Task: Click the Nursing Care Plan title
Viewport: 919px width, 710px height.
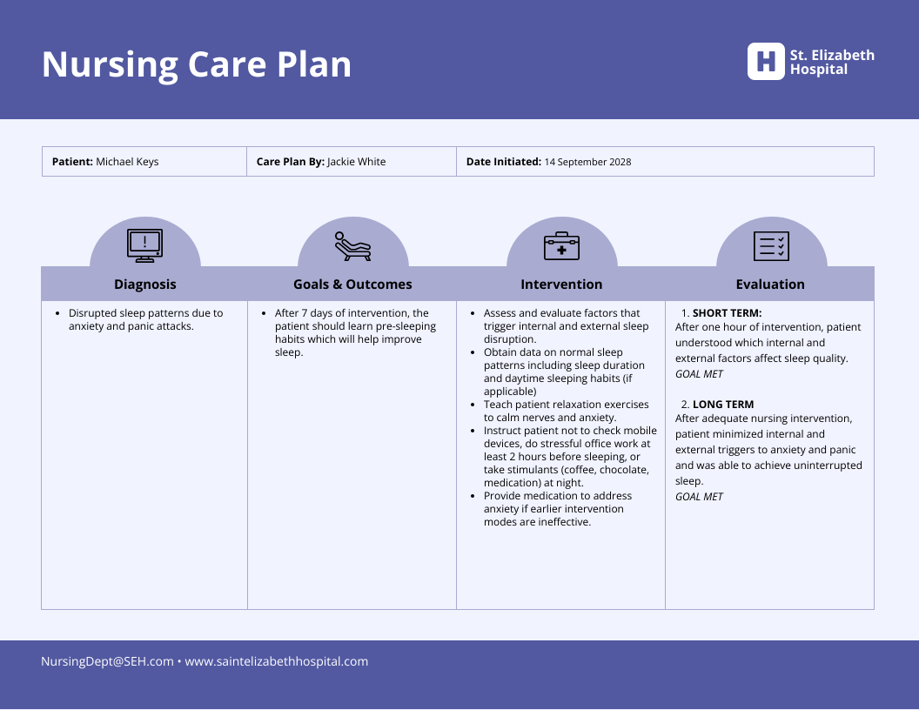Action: click(197, 65)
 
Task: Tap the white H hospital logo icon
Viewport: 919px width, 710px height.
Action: click(765, 62)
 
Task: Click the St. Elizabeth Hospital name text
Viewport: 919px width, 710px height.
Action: click(831, 62)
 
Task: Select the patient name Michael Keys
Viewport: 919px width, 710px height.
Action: click(127, 162)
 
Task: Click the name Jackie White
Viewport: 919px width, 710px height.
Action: click(356, 162)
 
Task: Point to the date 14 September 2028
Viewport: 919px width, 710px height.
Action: click(587, 162)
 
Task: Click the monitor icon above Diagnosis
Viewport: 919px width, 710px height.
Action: click(144, 246)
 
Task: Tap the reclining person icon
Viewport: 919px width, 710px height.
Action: click(352, 246)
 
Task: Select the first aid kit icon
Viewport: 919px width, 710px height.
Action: click(561, 246)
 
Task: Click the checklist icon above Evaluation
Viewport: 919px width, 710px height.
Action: click(770, 246)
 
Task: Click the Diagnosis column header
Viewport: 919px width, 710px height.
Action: click(144, 285)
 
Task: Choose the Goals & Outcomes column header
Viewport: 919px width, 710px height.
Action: click(352, 285)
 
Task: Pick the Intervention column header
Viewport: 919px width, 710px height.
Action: click(561, 285)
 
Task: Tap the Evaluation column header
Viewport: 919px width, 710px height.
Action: click(770, 285)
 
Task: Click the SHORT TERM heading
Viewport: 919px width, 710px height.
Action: click(727, 313)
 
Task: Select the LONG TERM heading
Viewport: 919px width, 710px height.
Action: click(723, 405)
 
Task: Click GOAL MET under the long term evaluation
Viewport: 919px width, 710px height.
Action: click(699, 497)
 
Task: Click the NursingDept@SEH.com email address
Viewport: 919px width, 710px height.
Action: click(107, 661)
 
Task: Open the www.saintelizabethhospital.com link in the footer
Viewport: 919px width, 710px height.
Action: click(276, 661)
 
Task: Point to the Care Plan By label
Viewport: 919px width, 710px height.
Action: click(290, 162)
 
